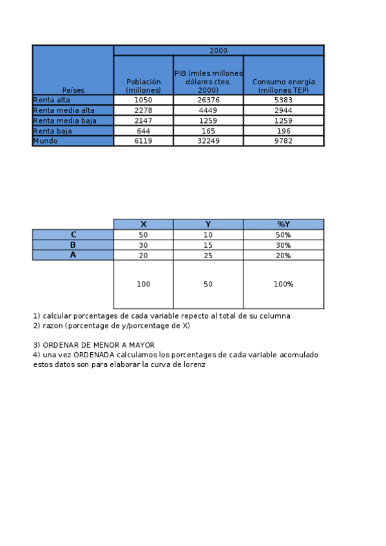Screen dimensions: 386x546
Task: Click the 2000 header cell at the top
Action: (218, 50)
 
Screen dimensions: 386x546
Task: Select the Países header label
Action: (73, 90)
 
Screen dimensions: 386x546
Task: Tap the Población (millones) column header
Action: (143, 86)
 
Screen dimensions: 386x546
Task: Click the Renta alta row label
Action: (52, 100)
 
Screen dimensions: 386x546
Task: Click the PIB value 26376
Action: (207, 100)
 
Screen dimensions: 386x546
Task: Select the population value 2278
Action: (143, 110)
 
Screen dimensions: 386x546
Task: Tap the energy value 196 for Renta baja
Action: (284, 131)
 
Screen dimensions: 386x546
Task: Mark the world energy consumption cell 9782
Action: (284, 140)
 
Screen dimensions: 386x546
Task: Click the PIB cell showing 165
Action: (207, 131)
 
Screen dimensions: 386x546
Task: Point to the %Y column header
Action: (284, 224)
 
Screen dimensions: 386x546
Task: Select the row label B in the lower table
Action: (73, 245)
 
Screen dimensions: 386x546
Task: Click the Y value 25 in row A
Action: (207, 255)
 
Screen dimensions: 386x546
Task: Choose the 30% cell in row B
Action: (284, 245)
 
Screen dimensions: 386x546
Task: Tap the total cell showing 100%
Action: (284, 284)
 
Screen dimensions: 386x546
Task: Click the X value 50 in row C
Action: (143, 234)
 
